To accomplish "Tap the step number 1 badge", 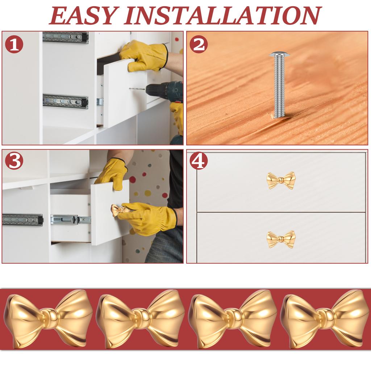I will click(x=14, y=45).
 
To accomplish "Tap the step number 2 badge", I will click(x=199, y=45).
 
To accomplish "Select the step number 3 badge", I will click(x=14, y=162).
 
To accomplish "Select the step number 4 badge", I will click(x=199, y=162).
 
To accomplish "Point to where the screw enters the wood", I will click(x=279, y=116).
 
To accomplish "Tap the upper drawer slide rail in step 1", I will click(x=66, y=37).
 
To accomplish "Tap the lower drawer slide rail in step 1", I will click(x=66, y=101).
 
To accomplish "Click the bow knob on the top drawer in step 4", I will click(x=281, y=180).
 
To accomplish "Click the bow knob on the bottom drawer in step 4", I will click(x=281, y=239).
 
